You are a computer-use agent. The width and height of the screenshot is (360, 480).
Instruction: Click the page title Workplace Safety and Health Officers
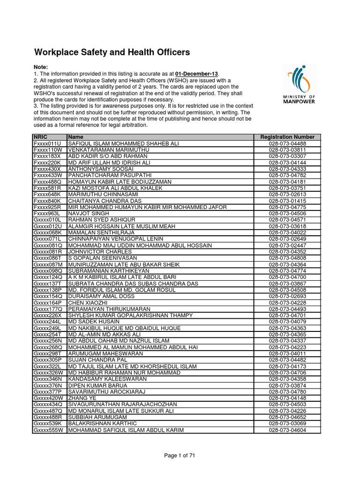pyautogui.click(x=112, y=52)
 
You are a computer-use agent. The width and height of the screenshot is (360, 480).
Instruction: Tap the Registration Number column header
pyautogui.click(x=288, y=137)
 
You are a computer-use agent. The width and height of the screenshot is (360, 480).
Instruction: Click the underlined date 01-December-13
pyautogui.click(x=197, y=74)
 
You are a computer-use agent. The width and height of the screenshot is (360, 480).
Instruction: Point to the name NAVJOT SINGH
pyautogui.click(x=89, y=213)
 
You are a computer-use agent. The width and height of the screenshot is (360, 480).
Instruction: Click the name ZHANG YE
pyautogui.click(x=82, y=398)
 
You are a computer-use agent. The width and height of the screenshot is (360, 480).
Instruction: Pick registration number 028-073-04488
pyautogui.click(x=288, y=143)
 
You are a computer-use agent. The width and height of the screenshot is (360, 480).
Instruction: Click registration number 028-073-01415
pyautogui.click(x=288, y=201)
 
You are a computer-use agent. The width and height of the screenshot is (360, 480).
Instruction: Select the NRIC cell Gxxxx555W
pyautogui.click(x=48, y=430)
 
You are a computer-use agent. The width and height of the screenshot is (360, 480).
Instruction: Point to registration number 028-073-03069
pyautogui.click(x=288, y=423)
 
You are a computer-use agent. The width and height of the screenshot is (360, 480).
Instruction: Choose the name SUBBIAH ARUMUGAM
pyautogui.click(x=97, y=417)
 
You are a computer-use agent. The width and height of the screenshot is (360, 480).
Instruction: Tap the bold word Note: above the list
pyautogui.click(x=41, y=67)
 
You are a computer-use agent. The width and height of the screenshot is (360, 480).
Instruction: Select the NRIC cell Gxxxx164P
pyautogui.click(x=48, y=302)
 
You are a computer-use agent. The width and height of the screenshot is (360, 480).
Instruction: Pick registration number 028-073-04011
pyautogui.click(x=288, y=353)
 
